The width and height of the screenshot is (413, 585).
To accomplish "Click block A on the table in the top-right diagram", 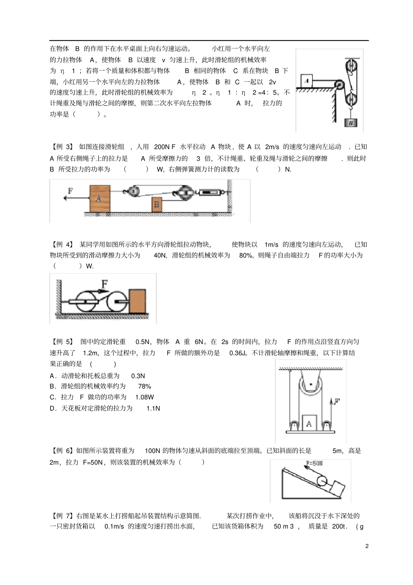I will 306,80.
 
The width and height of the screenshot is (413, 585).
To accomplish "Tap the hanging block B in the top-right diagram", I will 350,123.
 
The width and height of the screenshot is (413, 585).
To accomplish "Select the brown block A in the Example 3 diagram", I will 100,199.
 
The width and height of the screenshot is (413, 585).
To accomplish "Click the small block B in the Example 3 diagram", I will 157,204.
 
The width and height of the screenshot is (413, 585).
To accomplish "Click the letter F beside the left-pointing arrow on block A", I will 70,191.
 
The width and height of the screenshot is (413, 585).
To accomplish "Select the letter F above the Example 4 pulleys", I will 104,284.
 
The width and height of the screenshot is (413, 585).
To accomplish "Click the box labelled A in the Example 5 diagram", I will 309,423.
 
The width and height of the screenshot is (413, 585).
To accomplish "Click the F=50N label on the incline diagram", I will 314,463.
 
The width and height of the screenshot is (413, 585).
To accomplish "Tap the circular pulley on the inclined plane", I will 322,481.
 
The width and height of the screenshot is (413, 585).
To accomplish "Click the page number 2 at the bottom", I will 367,546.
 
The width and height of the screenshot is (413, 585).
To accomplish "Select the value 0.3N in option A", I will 138,376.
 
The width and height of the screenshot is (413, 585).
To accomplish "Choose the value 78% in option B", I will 145,386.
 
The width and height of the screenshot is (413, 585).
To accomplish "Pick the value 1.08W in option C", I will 144,397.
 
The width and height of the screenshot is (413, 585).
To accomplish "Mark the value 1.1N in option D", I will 153,408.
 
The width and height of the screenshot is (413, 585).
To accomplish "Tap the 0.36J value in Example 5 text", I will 239,353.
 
